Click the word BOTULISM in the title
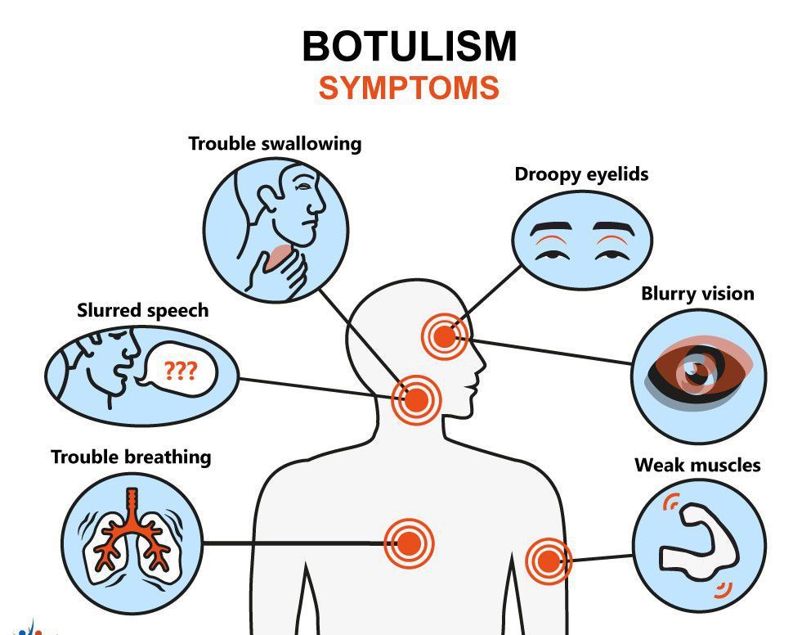click(x=409, y=47)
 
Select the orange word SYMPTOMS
click(x=409, y=88)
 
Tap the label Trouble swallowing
click(x=275, y=144)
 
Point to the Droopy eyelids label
click(x=581, y=174)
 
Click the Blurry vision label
click(x=697, y=294)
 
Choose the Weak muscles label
click(x=697, y=466)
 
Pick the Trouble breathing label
click(x=131, y=457)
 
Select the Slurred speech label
click(x=142, y=311)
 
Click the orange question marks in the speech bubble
click(x=180, y=372)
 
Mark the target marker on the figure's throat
click(x=415, y=400)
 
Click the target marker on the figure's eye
click(x=444, y=336)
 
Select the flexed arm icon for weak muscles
click(x=699, y=540)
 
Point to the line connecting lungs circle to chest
click(x=294, y=543)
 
